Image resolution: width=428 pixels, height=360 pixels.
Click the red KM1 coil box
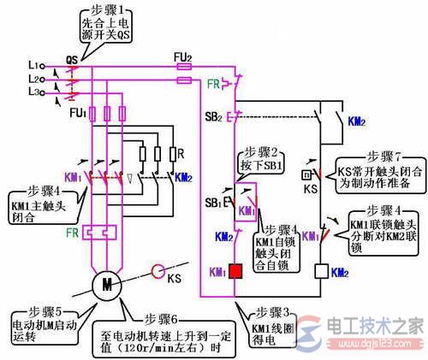coord(234,273)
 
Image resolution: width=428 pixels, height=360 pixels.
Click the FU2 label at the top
coord(181,56)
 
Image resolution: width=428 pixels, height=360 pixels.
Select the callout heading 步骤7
coord(384,157)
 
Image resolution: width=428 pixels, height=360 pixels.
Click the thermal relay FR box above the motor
coord(95,232)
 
